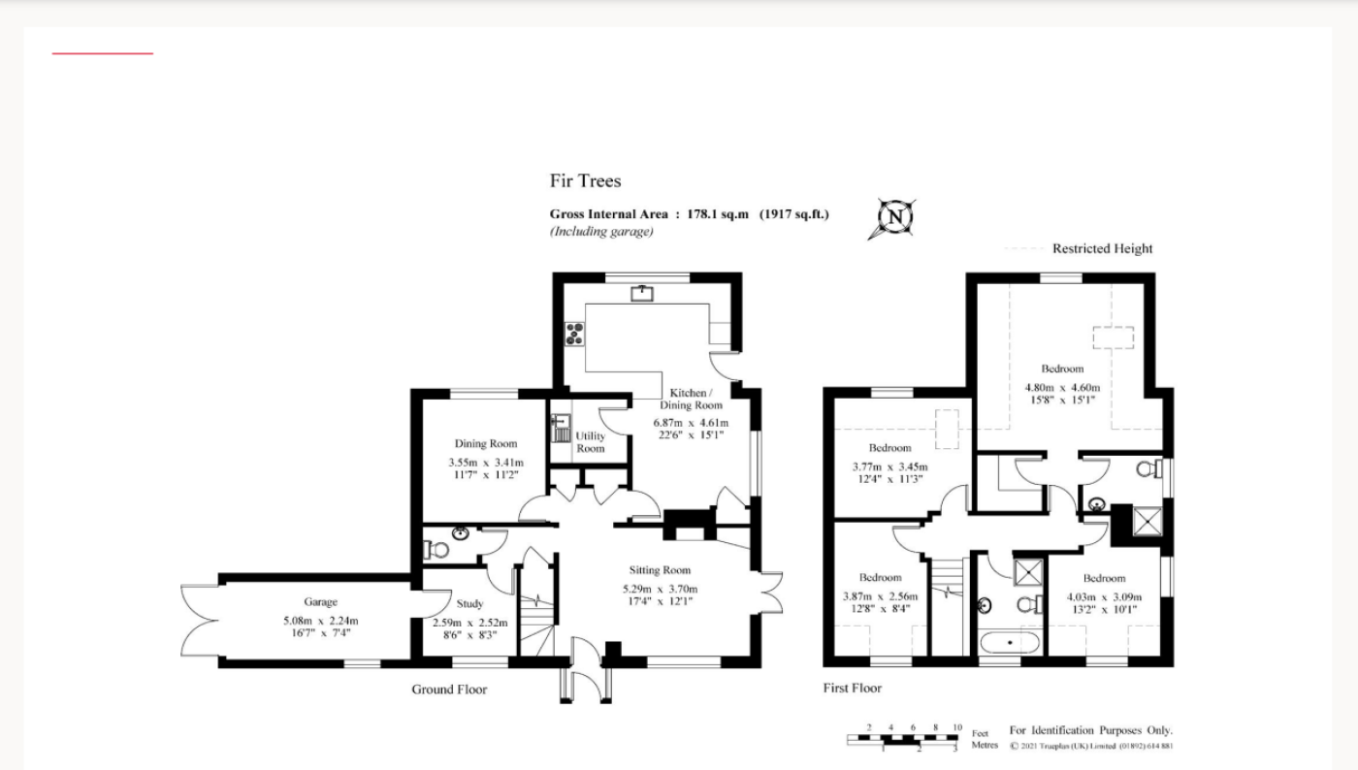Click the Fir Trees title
pos(585,180)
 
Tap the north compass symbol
pos(893,218)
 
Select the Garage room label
pos(321,602)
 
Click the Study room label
pos(469,604)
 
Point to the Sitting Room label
pos(660,570)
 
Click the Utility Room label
pos(591,442)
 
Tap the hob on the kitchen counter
pos(574,334)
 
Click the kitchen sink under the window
pos(642,294)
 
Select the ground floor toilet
pos(436,550)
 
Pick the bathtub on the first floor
pos(1010,642)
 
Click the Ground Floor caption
pos(449,690)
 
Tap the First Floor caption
pos(853,689)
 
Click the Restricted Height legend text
pos(1102,248)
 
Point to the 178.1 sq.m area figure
pos(717,214)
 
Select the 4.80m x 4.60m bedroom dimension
pos(1062,388)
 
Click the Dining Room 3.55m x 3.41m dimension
pos(486,463)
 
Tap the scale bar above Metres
pos(903,739)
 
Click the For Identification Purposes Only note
pos(1090,730)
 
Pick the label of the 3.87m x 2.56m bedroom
pos(881,578)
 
